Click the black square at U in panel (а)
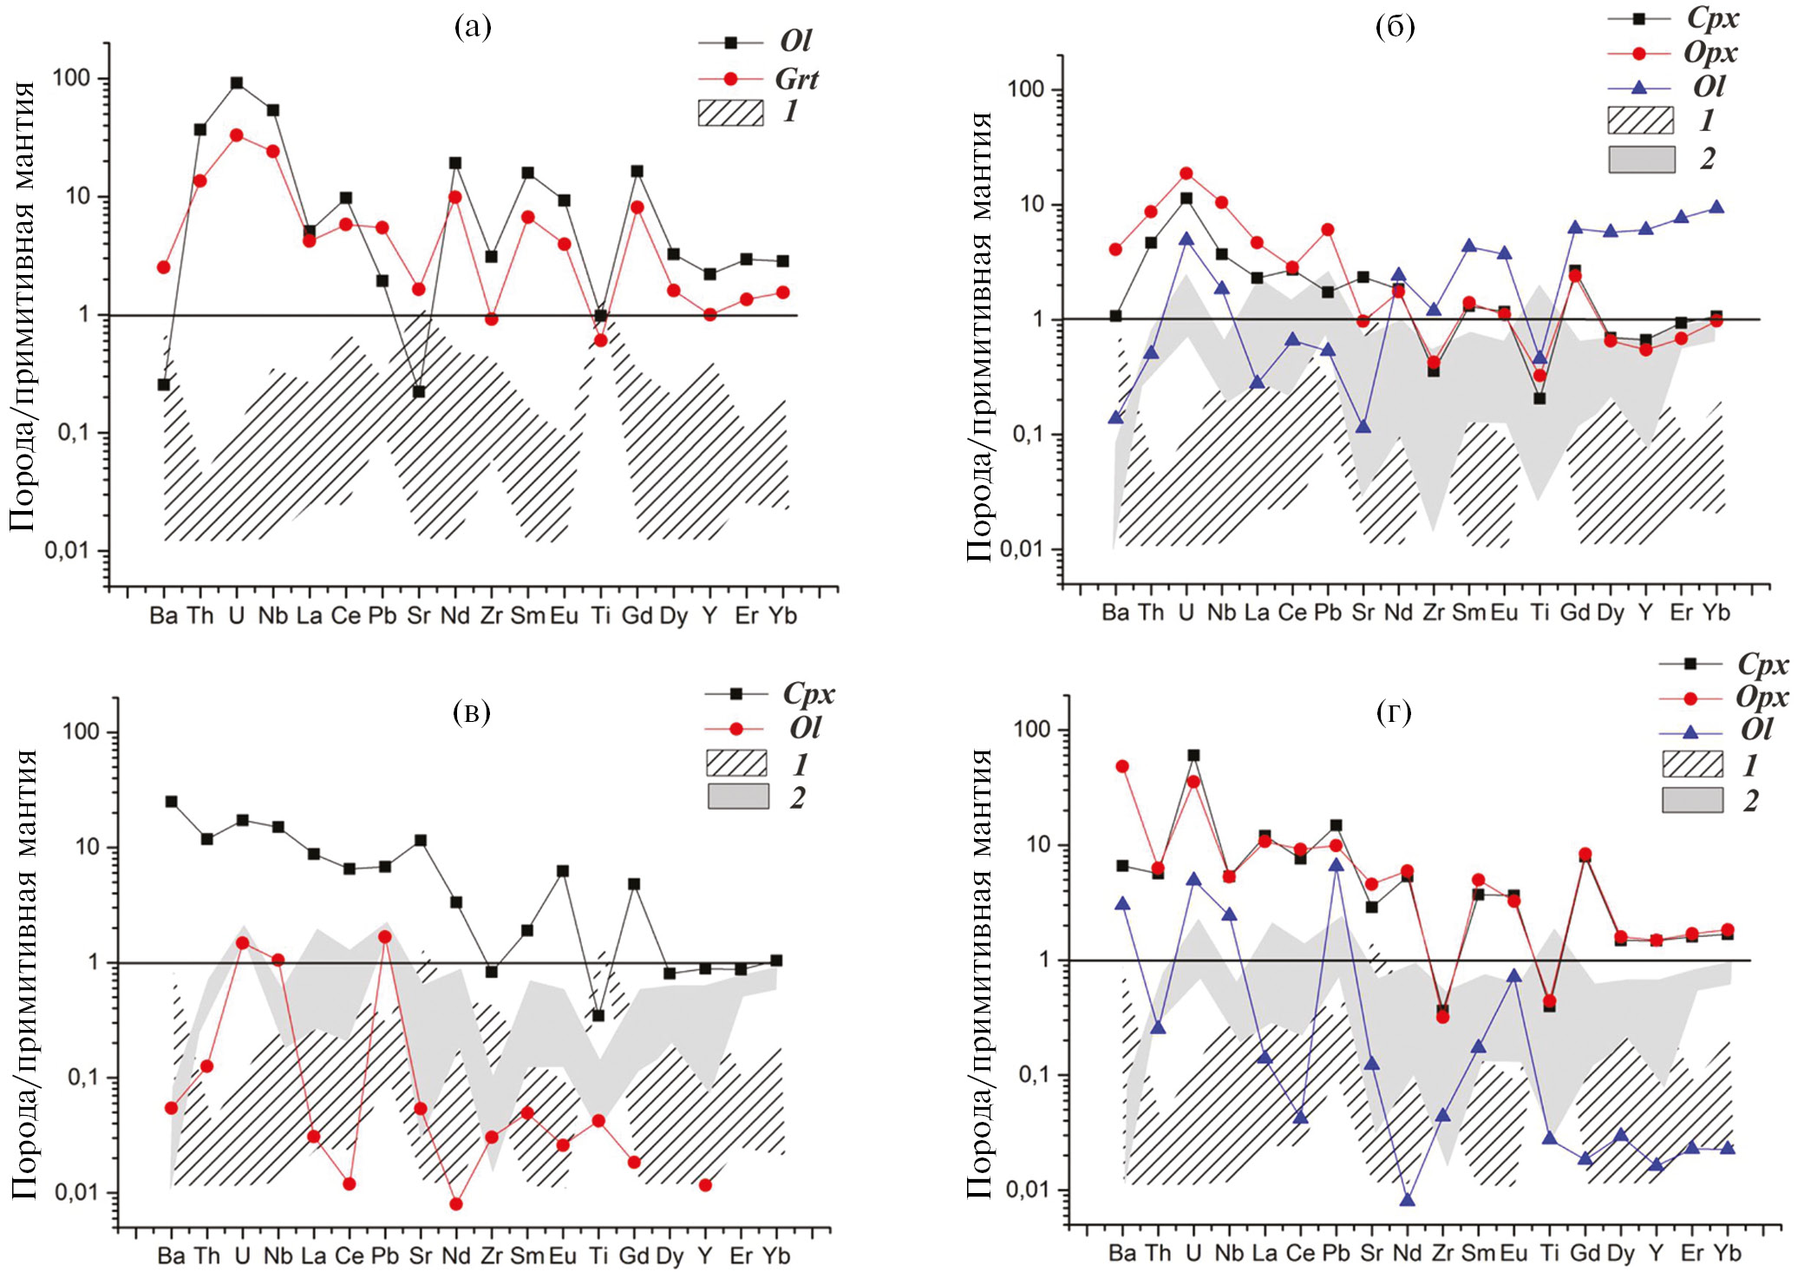click(x=237, y=83)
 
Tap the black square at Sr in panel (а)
click(x=419, y=391)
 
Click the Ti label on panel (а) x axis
click(x=600, y=615)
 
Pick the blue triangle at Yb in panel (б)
click(x=1716, y=207)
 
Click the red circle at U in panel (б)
click(x=1186, y=174)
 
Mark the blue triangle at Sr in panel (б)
click(x=1363, y=427)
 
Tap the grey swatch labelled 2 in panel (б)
click(x=1641, y=160)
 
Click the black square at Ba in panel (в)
click(x=172, y=802)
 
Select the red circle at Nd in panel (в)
click(x=456, y=1203)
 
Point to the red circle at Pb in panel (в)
click(x=385, y=937)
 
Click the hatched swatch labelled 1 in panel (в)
click(x=736, y=764)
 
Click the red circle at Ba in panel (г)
click(x=1122, y=766)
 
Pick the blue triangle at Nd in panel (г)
click(x=1407, y=1200)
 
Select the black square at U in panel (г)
click(x=1193, y=756)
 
